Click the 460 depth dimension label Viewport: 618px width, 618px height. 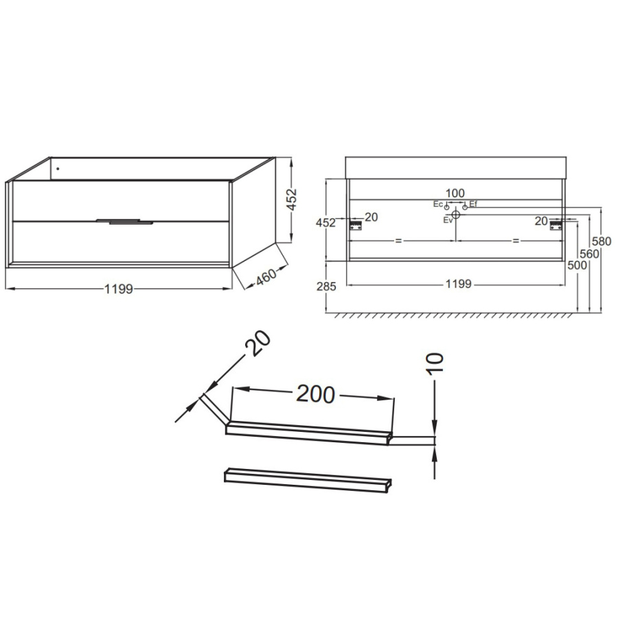click(266, 276)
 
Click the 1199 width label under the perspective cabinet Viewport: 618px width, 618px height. click(119, 289)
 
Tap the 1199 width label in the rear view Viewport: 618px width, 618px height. click(459, 284)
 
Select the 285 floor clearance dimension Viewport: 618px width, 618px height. click(326, 286)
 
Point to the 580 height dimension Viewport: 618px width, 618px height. click(602, 241)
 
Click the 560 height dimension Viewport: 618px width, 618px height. click(590, 254)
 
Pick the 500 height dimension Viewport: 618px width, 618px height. click(577, 265)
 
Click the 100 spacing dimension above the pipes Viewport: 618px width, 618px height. click(455, 193)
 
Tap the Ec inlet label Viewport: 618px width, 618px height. click(438, 204)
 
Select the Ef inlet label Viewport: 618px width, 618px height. click(473, 204)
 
